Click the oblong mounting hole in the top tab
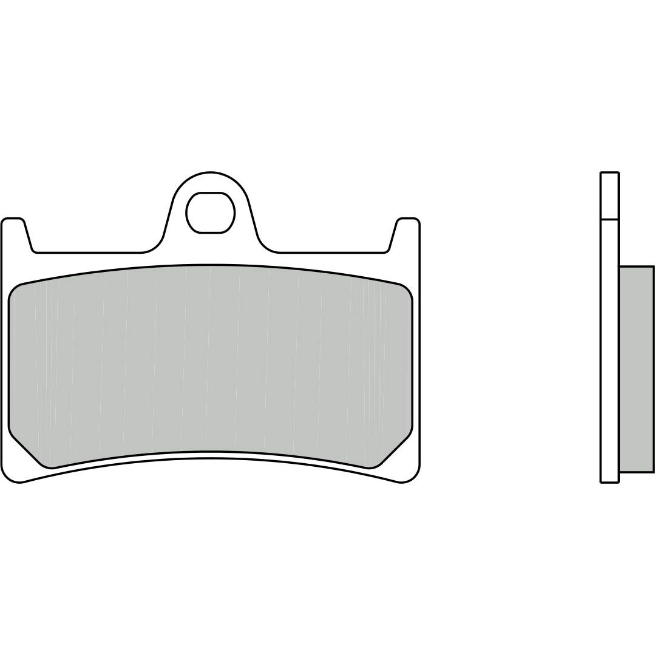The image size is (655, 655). tap(210, 212)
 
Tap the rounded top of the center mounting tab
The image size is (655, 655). tap(211, 175)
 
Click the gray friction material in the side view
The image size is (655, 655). tap(636, 368)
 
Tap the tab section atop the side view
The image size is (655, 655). tap(609, 195)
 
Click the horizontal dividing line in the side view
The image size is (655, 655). tap(609, 219)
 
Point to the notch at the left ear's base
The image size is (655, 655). tap(34, 249)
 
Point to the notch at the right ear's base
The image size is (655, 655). tap(386, 249)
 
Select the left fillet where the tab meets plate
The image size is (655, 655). tap(155, 244)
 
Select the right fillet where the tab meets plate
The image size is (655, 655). tap(266, 244)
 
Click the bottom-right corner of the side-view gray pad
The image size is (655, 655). tap(653, 471)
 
